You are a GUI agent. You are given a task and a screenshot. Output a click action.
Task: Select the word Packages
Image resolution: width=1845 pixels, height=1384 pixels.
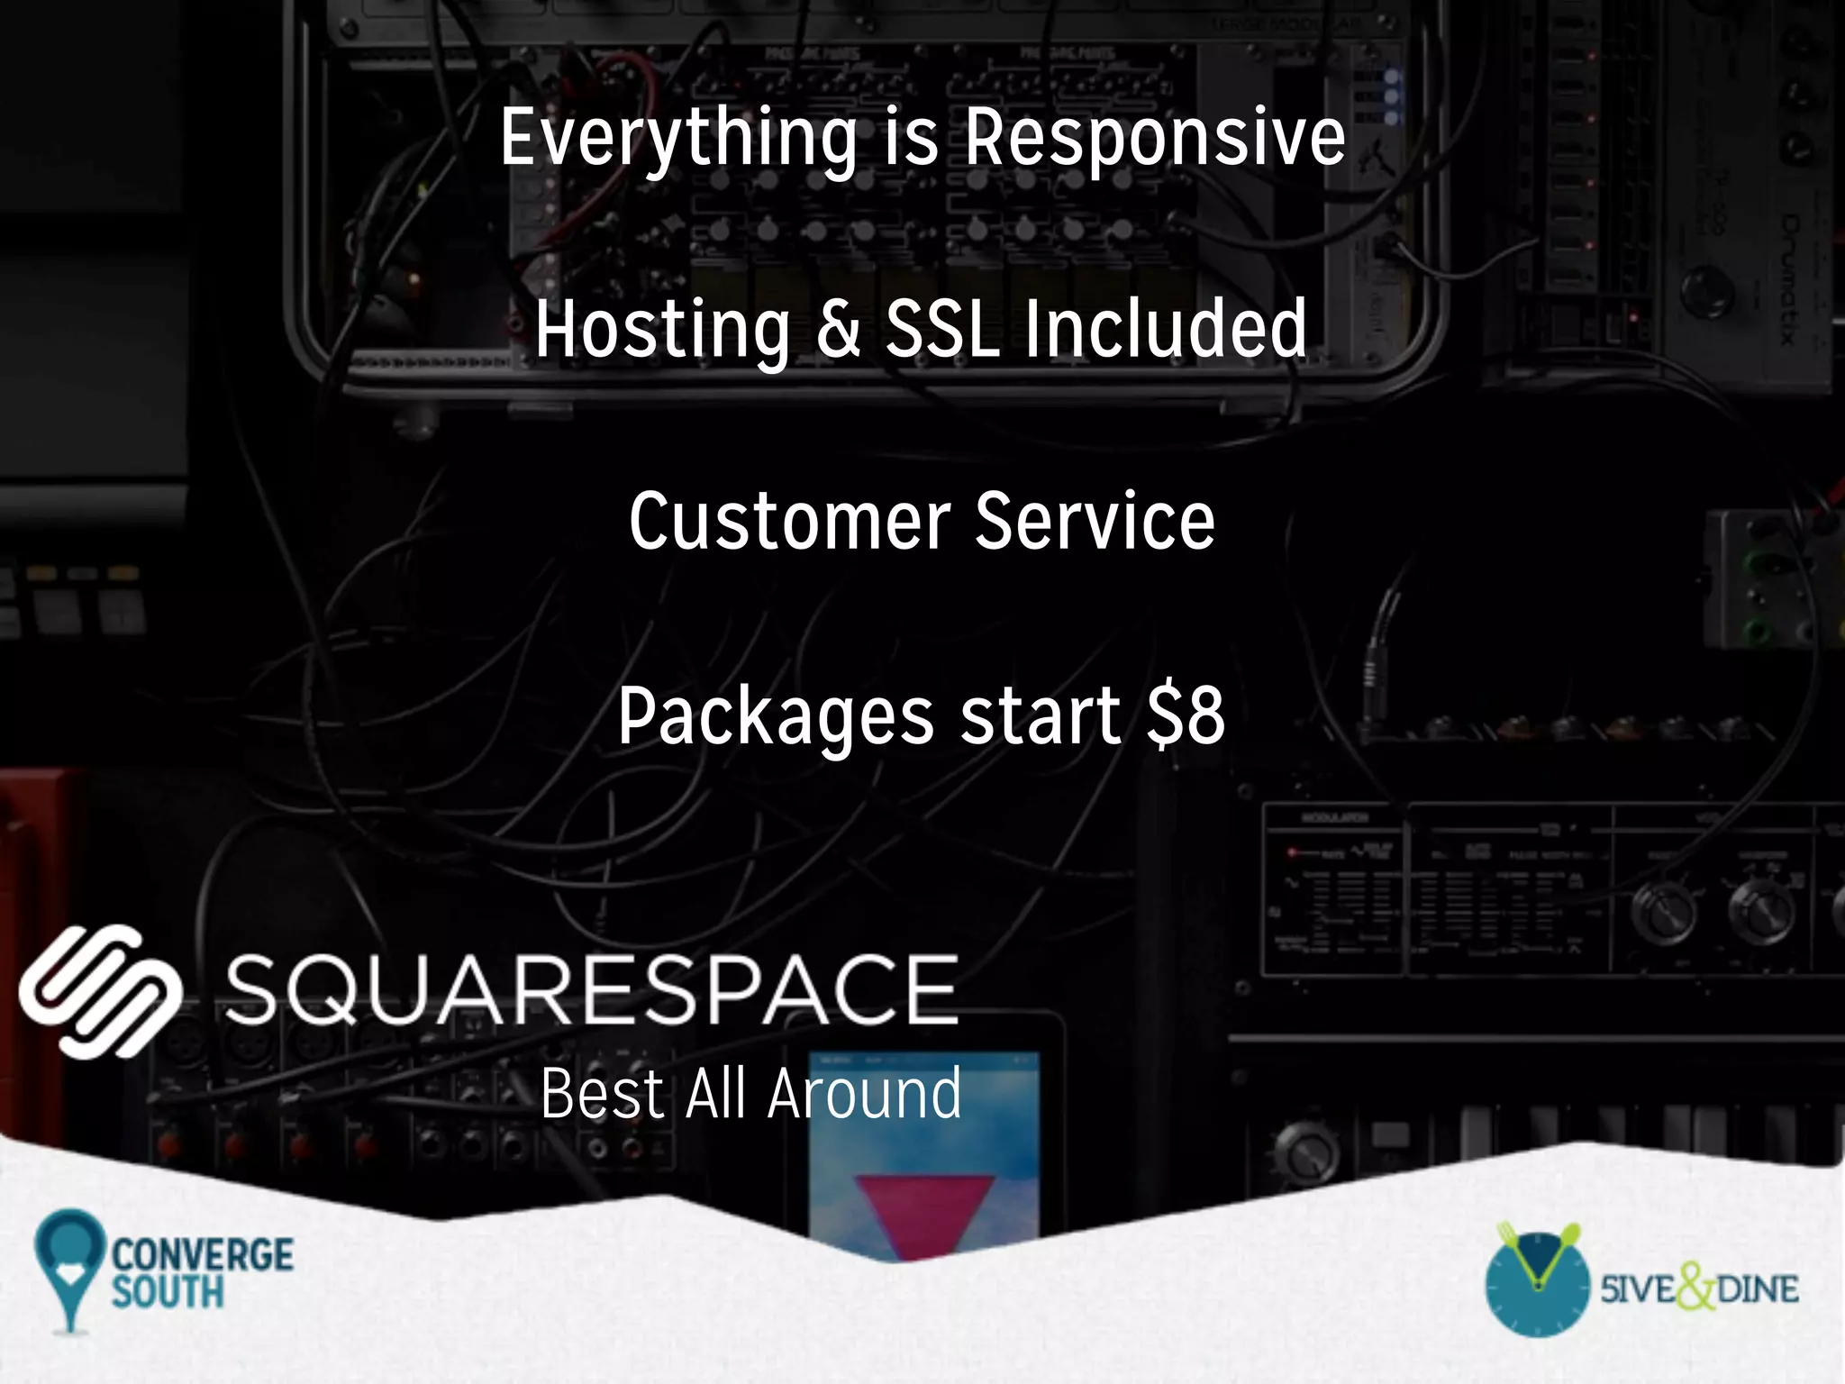coord(776,716)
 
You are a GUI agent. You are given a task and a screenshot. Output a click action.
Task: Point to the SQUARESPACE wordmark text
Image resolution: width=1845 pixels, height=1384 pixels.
coord(591,990)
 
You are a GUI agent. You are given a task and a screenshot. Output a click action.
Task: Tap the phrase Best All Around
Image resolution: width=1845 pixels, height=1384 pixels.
coord(751,1094)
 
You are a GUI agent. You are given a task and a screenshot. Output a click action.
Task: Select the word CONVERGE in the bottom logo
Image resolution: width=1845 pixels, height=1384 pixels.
coord(203,1254)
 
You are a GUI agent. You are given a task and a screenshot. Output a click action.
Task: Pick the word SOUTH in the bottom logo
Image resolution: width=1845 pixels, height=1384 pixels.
coord(168,1291)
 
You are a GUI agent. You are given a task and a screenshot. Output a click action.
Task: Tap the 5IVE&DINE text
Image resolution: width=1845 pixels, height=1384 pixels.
coord(1699,1288)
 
